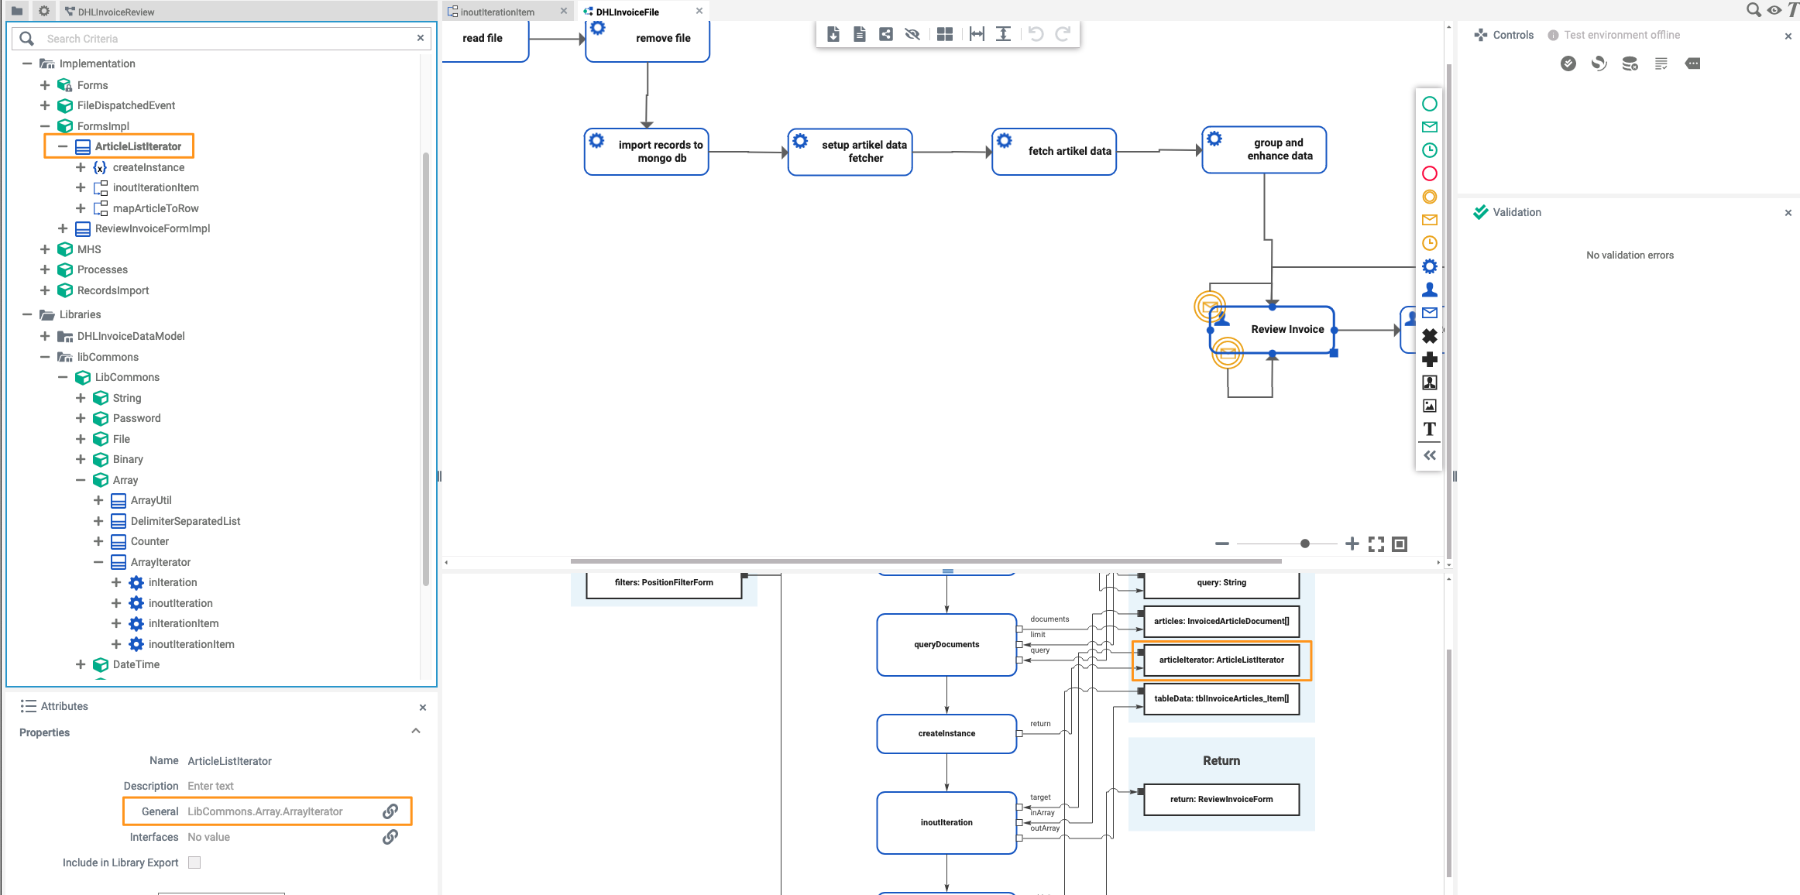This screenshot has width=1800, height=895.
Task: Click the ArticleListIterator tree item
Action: pyautogui.click(x=138, y=146)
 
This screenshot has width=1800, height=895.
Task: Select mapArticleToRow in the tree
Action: pyautogui.click(x=155, y=208)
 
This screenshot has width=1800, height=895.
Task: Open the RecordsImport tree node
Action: pyautogui.click(x=112, y=290)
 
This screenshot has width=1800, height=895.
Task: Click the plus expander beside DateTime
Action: pyautogui.click(x=81, y=664)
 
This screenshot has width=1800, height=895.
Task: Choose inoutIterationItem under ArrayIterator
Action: pyautogui.click(x=191, y=644)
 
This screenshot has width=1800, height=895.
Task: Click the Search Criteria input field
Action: pyautogui.click(x=225, y=39)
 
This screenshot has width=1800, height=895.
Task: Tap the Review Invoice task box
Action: pyautogui.click(x=1286, y=330)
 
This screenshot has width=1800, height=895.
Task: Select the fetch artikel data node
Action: pyautogui.click(x=1068, y=152)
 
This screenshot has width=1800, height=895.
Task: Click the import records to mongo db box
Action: pyautogui.click(x=659, y=152)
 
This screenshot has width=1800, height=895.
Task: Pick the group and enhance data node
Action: pyautogui.click(x=1278, y=149)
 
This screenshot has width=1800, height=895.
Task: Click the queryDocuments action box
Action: pyautogui.click(x=946, y=644)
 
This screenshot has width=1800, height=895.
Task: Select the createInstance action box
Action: pyautogui.click(x=946, y=733)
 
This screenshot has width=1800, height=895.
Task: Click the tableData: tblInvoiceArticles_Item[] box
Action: pyautogui.click(x=1221, y=698)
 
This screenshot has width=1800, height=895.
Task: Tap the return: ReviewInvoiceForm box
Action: pyautogui.click(x=1221, y=799)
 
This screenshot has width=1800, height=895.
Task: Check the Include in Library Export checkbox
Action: pyautogui.click(x=194, y=862)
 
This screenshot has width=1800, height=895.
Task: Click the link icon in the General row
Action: pyautogui.click(x=390, y=811)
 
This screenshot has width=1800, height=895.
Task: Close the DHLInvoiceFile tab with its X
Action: pyautogui.click(x=699, y=11)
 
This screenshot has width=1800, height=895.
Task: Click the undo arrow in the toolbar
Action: pyautogui.click(x=1036, y=34)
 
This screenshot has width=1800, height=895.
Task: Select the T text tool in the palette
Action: pyautogui.click(x=1429, y=429)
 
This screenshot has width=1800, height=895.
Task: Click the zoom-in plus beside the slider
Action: pyautogui.click(x=1352, y=544)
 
